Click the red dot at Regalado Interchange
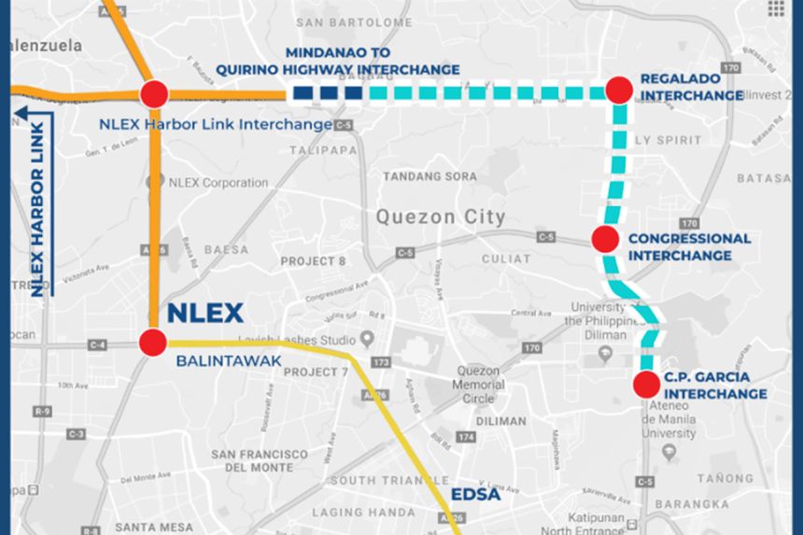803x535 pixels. coord(620,90)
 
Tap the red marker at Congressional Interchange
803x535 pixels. coord(605,239)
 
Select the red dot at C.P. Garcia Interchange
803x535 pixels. coord(645,384)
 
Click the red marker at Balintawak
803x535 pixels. coord(153,342)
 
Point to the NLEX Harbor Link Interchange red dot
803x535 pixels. coord(154,93)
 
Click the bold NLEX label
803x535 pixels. coord(204,314)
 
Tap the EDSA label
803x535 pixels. coord(476,494)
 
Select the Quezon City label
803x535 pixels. coord(441,218)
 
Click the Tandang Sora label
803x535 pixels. coord(430,176)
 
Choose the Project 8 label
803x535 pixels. coord(313,260)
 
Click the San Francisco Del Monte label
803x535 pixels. coord(260,459)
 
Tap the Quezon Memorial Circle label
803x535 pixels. coord(479,383)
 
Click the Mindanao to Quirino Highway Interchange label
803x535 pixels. coord(338,61)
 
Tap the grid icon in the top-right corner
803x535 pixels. coord(776,8)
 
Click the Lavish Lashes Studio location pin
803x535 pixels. coord(368,337)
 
